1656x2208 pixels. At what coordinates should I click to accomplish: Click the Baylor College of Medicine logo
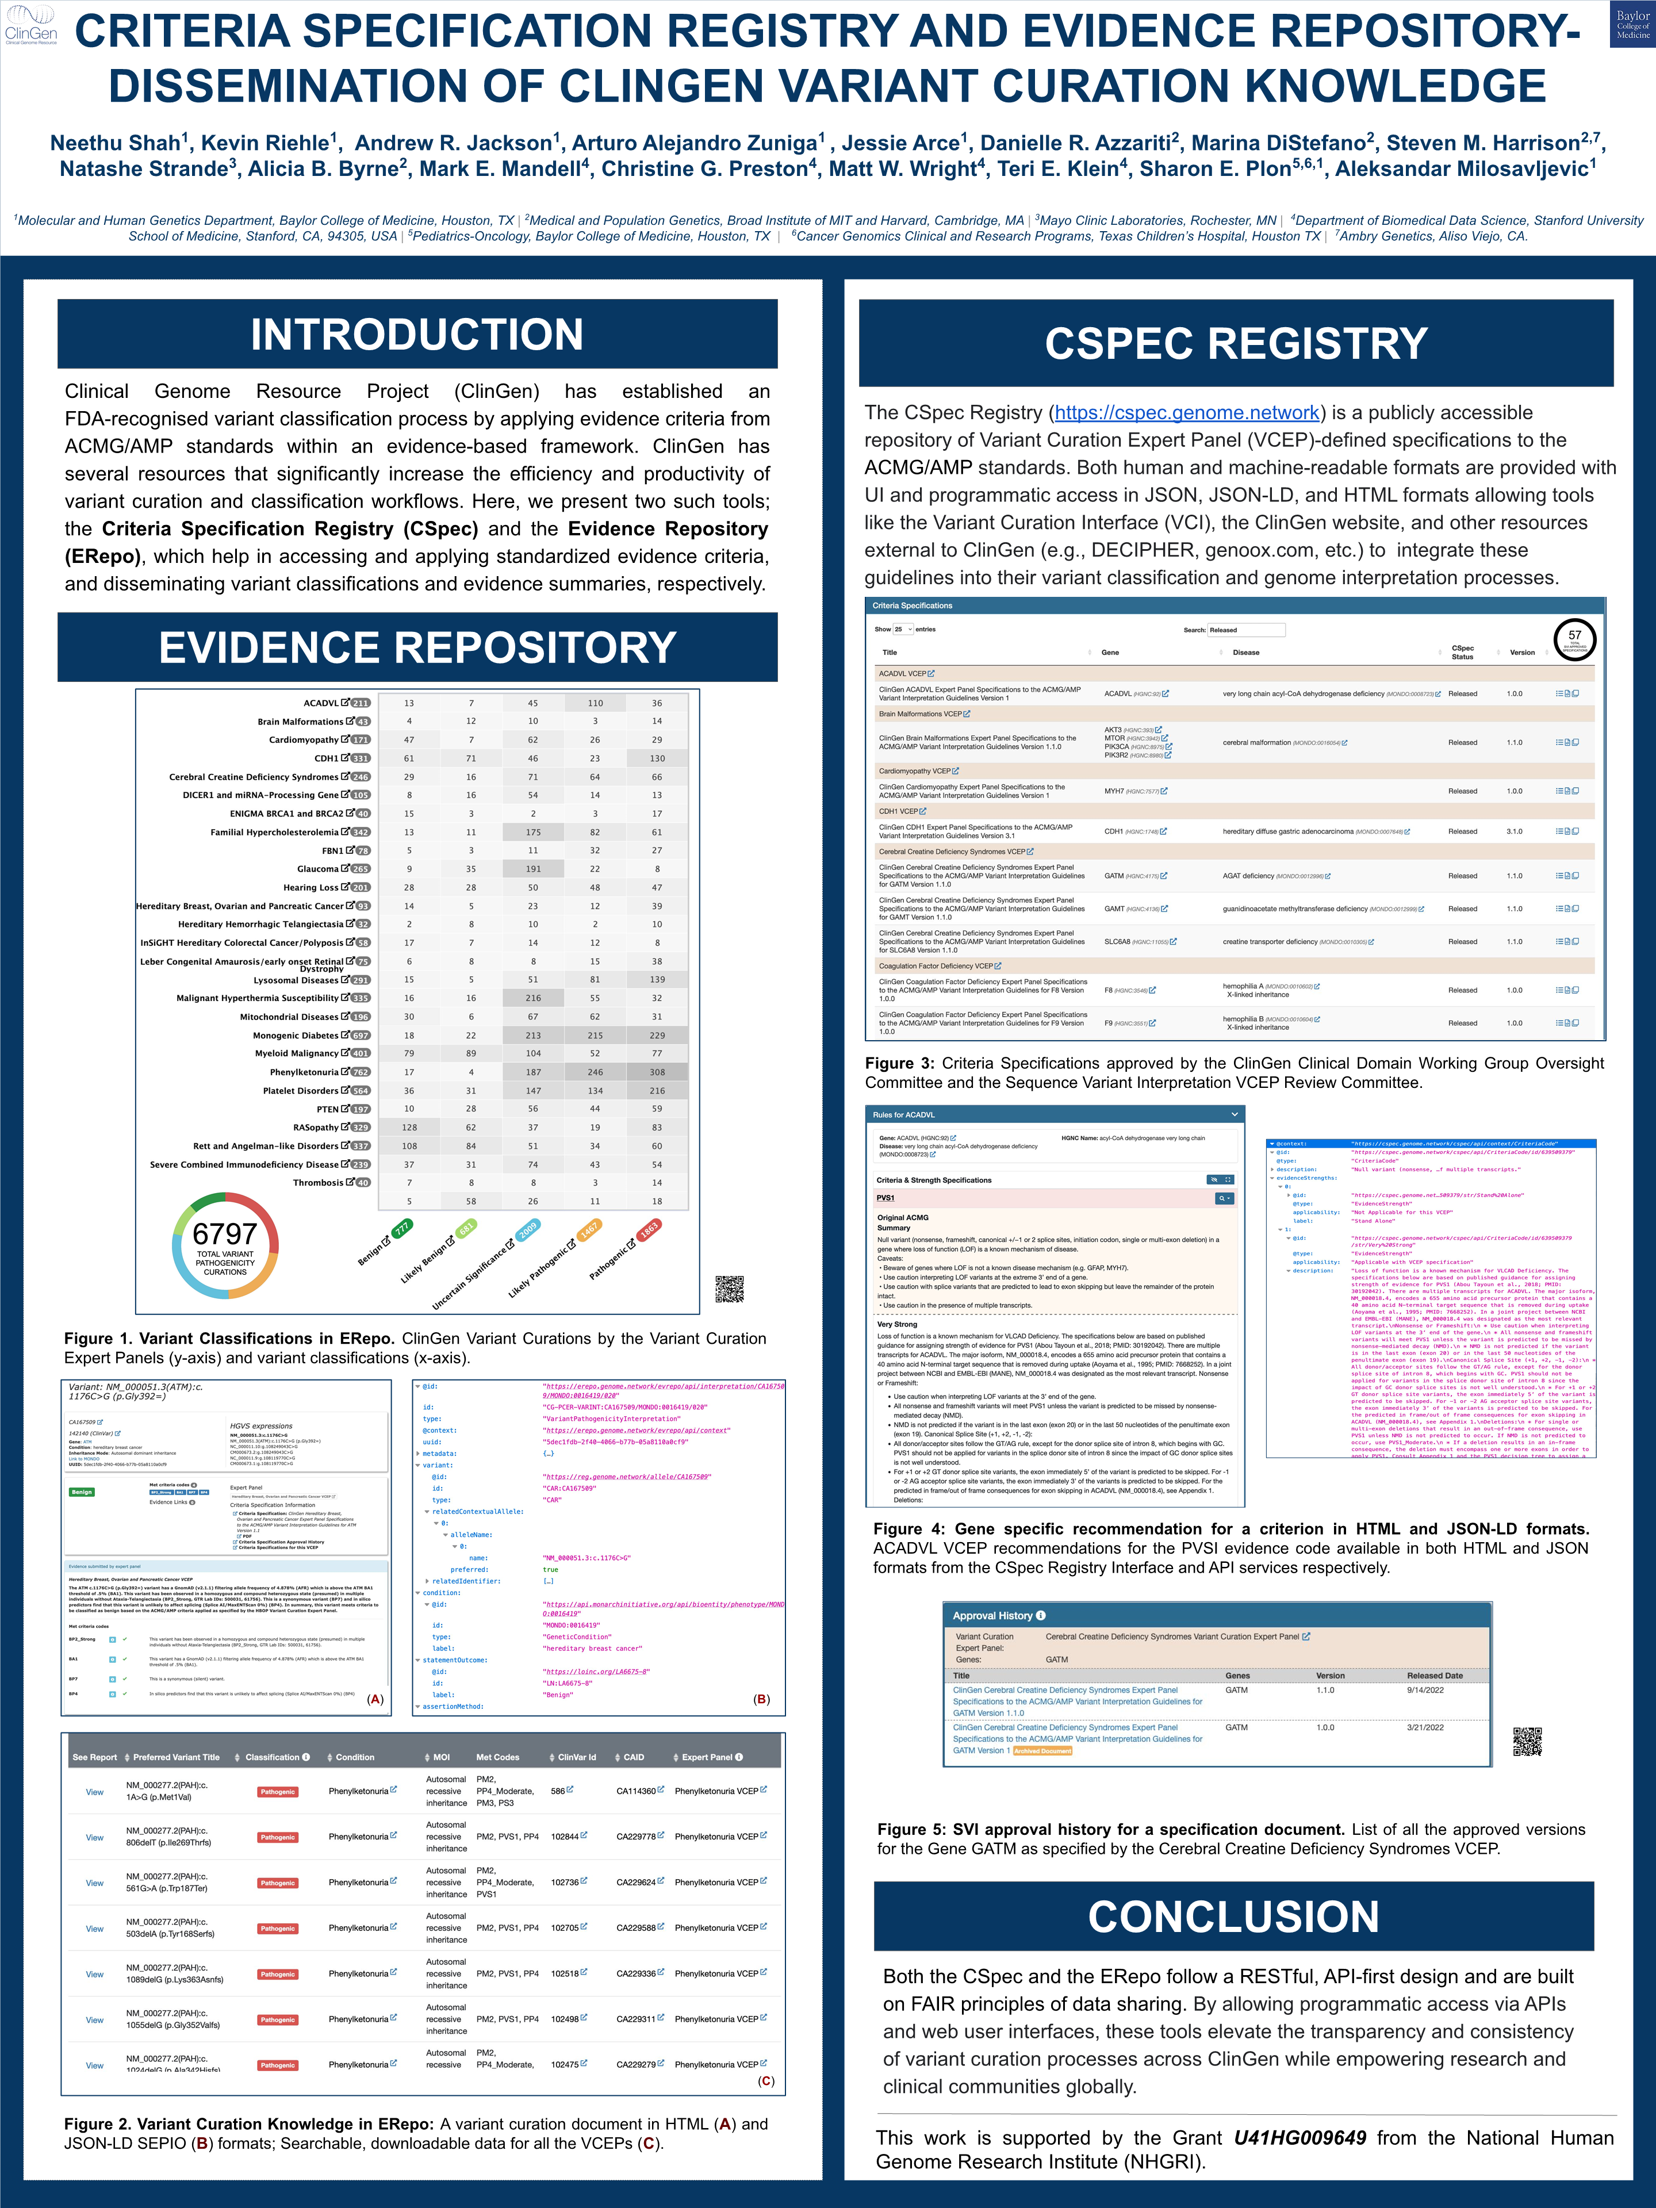click(x=1632, y=25)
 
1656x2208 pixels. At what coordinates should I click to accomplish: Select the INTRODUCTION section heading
click(x=417, y=335)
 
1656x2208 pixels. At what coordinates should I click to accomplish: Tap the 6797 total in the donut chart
click(x=225, y=1235)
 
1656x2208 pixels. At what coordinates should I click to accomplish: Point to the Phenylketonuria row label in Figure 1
click(x=304, y=1072)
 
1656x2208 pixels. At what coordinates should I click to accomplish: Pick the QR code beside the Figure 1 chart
click(x=730, y=1289)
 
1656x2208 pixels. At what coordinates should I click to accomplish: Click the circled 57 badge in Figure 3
click(x=1574, y=639)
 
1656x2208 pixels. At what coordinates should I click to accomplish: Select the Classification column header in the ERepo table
click(x=273, y=1757)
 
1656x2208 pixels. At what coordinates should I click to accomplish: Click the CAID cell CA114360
click(x=636, y=1791)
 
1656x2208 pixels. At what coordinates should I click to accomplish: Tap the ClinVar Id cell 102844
click(x=565, y=1837)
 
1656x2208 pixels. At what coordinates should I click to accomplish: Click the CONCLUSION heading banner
click(x=1234, y=1916)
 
